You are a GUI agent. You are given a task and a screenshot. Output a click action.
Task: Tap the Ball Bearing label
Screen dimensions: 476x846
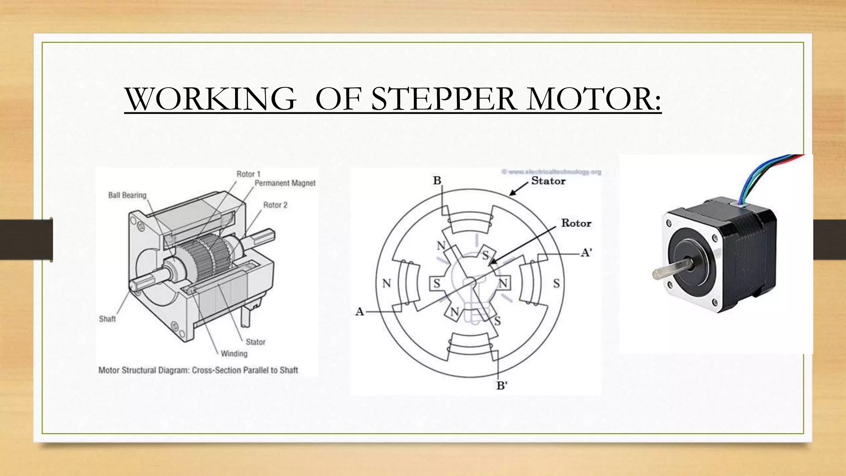(x=127, y=195)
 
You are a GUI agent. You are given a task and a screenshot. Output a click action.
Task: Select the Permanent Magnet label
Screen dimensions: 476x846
(x=285, y=183)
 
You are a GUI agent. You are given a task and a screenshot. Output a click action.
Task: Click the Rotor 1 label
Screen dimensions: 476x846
(x=248, y=174)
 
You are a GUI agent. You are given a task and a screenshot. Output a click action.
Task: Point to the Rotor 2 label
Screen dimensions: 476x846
(x=275, y=205)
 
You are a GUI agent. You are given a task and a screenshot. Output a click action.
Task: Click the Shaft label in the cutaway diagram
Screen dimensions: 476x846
(x=107, y=319)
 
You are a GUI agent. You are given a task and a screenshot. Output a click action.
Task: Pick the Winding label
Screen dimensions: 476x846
(x=234, y=353)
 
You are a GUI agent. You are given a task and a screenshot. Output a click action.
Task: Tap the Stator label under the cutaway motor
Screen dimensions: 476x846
(x=255, y=342)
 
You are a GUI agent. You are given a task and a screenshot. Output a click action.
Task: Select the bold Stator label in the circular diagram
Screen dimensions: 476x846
(x=548, y=181)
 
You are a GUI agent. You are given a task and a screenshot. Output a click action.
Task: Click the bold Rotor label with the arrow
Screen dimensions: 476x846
(x=576, y=223)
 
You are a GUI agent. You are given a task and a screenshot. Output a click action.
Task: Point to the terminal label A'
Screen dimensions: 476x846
(x=587, y=252)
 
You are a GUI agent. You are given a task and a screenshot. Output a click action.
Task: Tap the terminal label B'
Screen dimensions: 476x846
(x=501, y=386)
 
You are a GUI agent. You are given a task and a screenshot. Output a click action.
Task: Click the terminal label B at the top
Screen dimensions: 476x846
(x=437, y=181)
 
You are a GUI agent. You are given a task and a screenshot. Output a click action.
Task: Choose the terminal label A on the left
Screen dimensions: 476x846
(x=359, y=312)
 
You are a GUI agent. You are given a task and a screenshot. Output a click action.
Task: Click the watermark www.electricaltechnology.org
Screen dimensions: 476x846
(x=551, y=171)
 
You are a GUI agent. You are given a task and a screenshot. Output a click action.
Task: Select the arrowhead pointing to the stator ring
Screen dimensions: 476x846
(x=513, y=193)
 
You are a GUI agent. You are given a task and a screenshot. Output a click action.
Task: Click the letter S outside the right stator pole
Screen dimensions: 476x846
(x=556, y=283)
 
